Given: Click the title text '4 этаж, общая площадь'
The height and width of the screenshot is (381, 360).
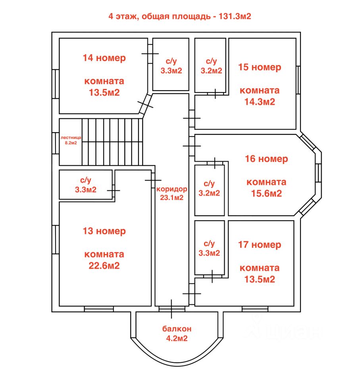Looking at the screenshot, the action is tap(160, 17).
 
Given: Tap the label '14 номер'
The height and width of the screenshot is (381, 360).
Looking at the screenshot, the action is tap(104, 58).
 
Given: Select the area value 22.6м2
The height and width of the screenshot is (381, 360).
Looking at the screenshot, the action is tap(104, 266).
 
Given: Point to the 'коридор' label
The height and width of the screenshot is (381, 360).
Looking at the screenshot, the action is tap(171, 189).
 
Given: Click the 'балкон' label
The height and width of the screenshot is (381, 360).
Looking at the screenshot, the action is tap(177, 329).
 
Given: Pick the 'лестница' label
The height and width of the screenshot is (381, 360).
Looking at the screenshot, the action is tap(71, 138).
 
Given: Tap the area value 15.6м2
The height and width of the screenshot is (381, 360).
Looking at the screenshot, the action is tap(266, 193).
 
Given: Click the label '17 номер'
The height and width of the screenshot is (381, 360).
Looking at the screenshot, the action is tap(260, 245).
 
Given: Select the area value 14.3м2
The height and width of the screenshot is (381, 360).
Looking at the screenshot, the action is tap(260, 102).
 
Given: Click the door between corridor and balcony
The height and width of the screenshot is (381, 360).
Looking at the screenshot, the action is tap(171, 309).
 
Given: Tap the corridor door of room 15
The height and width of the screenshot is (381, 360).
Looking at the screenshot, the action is tap(192, 118).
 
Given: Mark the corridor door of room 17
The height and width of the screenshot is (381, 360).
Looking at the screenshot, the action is tap(192, 294).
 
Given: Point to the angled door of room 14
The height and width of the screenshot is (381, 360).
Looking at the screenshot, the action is tap(145, 104).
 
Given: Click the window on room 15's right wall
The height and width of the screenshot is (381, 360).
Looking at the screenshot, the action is tap(298, 80).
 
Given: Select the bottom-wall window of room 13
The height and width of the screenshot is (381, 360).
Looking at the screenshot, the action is tap(99, 309).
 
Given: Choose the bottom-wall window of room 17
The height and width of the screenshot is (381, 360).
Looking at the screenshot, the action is tap(255, 309).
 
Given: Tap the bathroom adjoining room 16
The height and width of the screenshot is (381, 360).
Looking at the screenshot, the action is tap(210, 190).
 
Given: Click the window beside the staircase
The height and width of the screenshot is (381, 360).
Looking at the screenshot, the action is tap(56, 143).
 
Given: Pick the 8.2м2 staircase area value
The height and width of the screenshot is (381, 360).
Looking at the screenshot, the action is tap(71, 143).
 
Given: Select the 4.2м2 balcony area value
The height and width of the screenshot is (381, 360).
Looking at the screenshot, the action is tap(177, 338).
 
